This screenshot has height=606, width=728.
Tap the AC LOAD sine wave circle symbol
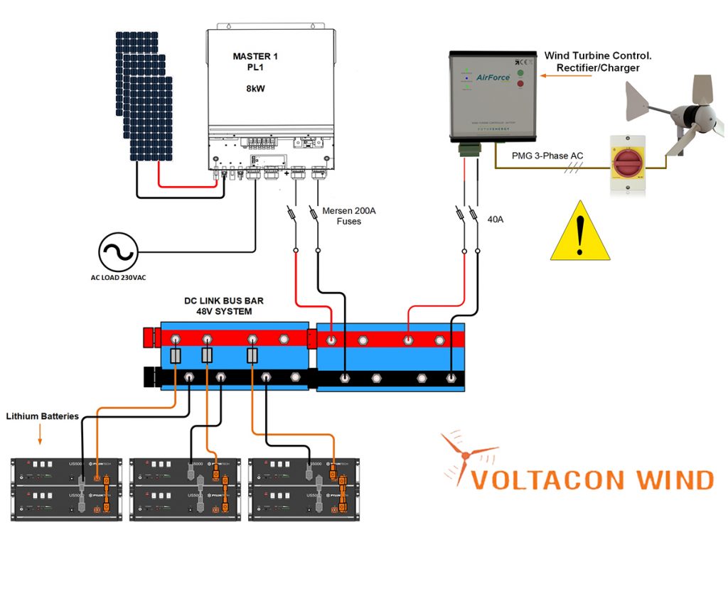point(117,251)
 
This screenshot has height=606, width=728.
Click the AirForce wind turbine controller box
point(493,95)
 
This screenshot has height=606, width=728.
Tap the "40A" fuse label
point(495,220)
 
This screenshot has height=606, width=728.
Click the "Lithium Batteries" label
point(42,416)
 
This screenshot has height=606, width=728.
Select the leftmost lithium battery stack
point(67,489)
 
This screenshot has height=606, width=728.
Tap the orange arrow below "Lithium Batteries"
point(40,433)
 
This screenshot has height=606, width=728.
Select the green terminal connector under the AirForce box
point(469,148)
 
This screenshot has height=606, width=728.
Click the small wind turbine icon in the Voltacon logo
point(466,455)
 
